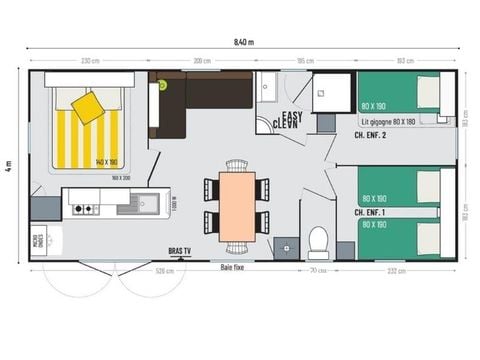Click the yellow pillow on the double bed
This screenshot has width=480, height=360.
[88, 106]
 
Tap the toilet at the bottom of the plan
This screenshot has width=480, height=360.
[319, 241]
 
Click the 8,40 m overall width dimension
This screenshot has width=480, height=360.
[243, 42]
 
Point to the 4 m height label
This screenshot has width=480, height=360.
[8, 165]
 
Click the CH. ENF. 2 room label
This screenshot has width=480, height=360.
[372, 133]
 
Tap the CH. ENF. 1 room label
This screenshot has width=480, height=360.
[370, 213]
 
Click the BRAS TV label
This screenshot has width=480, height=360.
[181, 252]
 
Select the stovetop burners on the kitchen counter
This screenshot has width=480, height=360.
[84, 208]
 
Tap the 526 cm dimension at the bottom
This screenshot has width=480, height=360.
[165, 269]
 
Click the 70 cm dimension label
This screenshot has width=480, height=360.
[317, 269]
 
